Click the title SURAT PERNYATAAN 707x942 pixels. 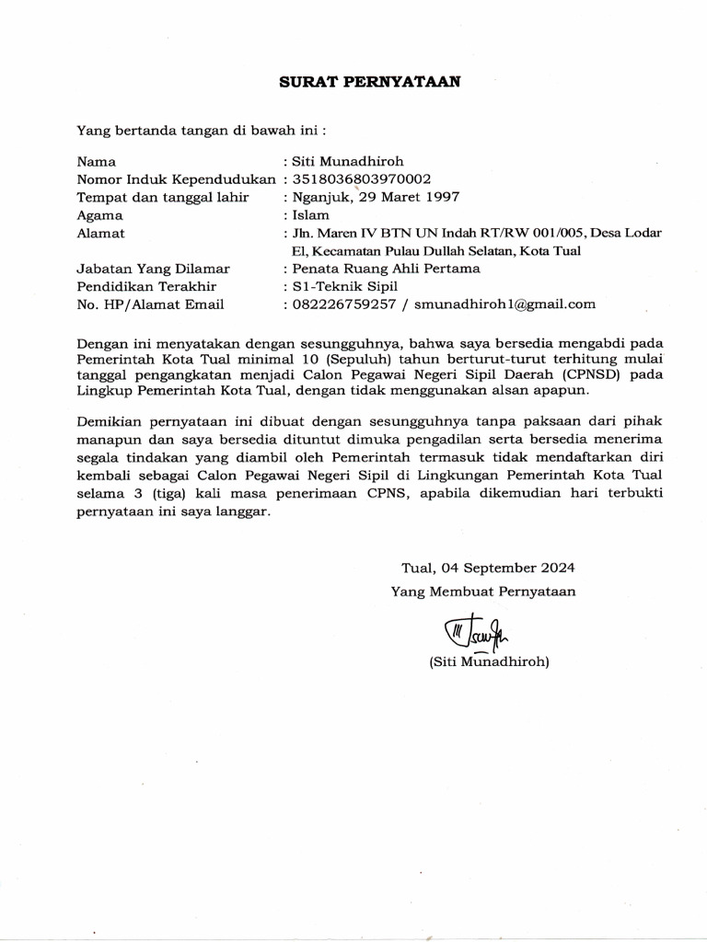370,81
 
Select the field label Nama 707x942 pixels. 96,161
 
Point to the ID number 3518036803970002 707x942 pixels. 361,178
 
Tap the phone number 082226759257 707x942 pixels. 343,304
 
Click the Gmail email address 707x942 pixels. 504,304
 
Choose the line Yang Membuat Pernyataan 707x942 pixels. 483,592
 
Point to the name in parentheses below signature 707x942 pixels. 489,661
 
